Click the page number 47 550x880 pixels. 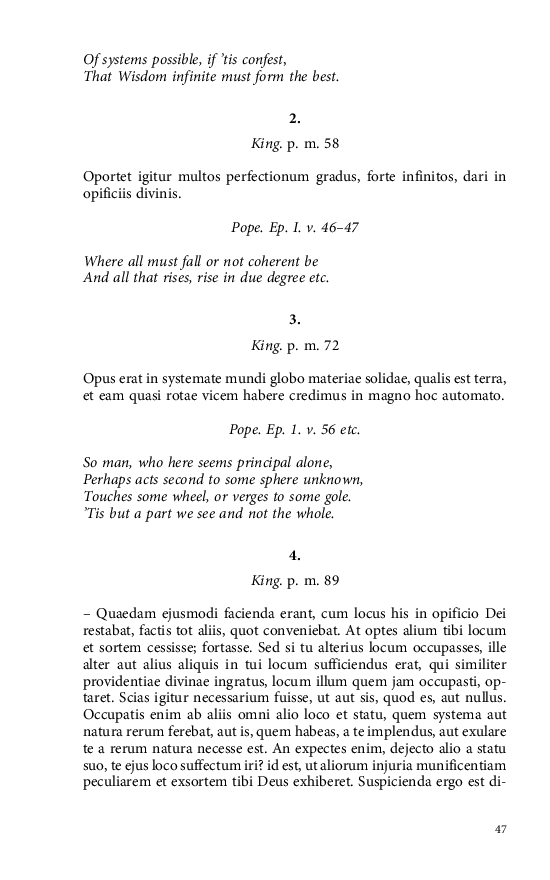(502, 829)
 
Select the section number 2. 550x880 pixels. (295, 119)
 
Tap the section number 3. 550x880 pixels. (295, 320)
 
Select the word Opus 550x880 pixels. (99, 379)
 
